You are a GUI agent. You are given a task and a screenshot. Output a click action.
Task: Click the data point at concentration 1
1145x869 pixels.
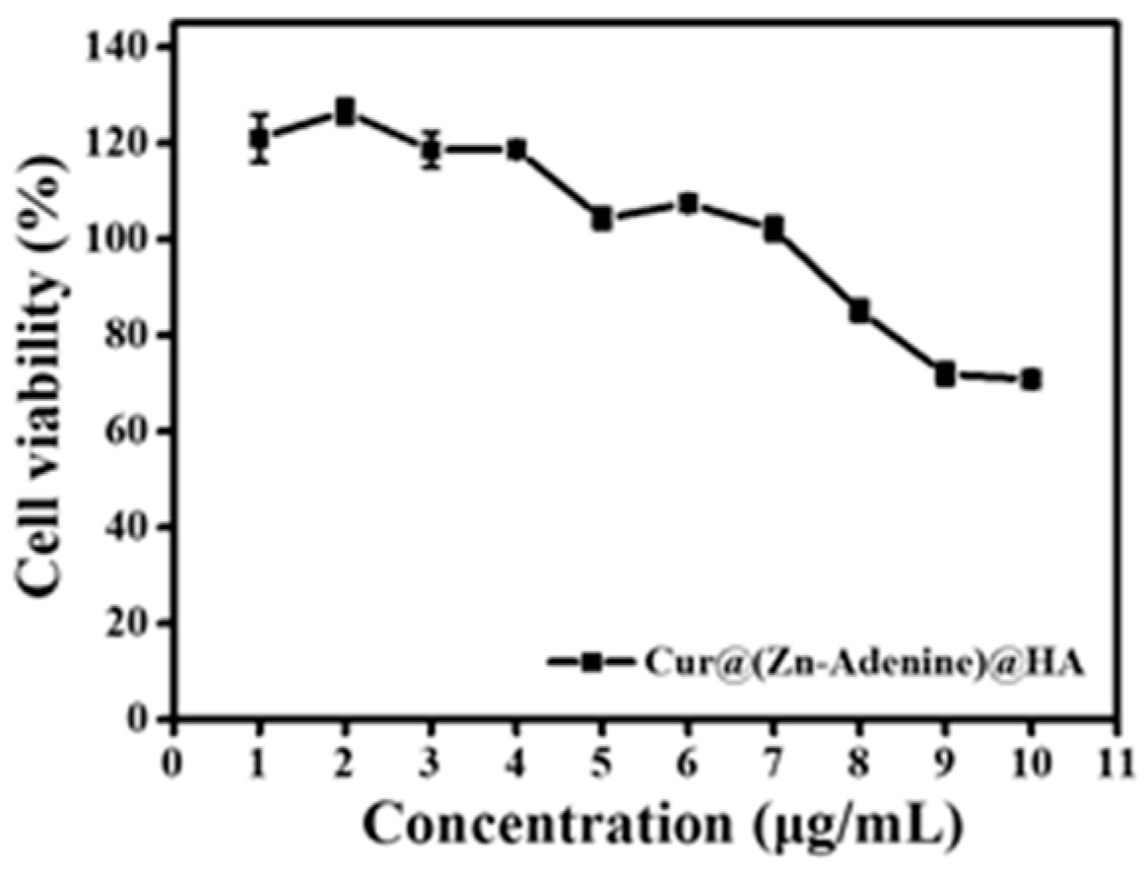(259, 139)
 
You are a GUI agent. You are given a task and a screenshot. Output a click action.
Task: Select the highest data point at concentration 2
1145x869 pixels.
(345, 111)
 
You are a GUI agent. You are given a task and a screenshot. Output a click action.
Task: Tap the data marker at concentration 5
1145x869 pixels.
(602, 220)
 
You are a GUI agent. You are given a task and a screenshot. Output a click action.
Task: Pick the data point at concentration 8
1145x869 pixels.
(859, 311)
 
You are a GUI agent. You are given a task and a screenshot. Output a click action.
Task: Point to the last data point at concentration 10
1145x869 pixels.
(1031, 379)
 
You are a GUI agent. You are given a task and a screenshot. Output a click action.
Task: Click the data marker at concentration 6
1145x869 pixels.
(688, 204)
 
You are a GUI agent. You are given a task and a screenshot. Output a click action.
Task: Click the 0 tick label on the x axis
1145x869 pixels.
(173, 764)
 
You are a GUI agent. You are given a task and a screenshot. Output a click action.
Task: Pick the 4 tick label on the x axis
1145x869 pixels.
(516, 764)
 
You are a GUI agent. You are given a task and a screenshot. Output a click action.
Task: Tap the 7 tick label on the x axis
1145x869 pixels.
(774, 764)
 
